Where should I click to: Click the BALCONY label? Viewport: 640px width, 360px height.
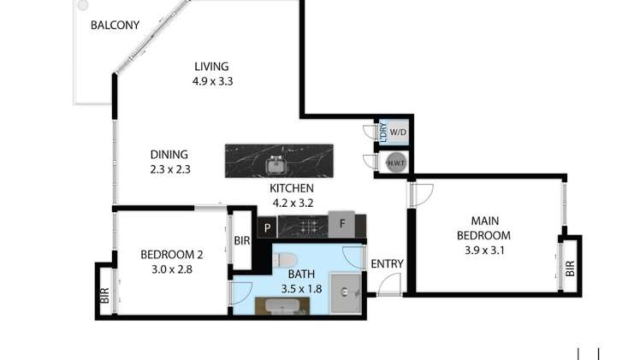[x=115, y=25]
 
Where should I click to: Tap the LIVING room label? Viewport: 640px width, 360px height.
[x=212, y=67]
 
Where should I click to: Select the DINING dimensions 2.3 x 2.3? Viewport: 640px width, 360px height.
[x=169, y=169]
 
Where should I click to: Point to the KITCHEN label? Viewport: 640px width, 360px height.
[x=292, y=189]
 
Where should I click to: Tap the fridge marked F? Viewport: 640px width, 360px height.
[x=342, y=226]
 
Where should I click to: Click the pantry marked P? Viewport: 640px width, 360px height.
[x=267, y=227]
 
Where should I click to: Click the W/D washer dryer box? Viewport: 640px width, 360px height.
[x=398, y=133]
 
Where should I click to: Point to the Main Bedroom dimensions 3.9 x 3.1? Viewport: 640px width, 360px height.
[x=483, y=251]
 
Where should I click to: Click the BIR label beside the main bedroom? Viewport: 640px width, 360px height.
[x=570, y=267]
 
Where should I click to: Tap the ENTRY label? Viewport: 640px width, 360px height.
[x=387, y=264]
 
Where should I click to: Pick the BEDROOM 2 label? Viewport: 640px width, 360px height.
[x=171, y=254]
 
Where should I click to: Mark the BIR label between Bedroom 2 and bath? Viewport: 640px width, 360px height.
[x=242, y=241]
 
